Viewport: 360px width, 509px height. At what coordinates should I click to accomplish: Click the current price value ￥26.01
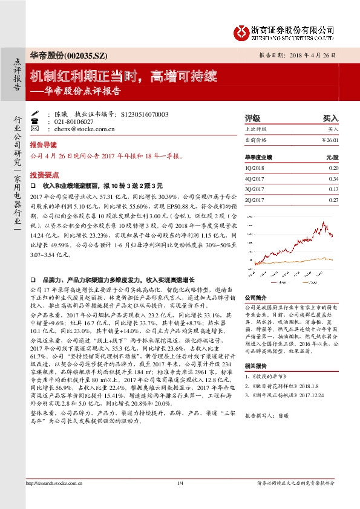pyautogui.click(x=330, y=140)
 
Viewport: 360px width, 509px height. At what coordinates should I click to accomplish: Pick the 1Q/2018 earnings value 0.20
pyautogui.click(x=333, y=167)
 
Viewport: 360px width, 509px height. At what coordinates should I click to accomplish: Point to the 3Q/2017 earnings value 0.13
pyautogui.click(x=333, y=189)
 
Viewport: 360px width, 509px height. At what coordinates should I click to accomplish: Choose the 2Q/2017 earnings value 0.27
pyautogui.click(x=333, y=199)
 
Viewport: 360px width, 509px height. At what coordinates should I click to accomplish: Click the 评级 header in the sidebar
pyautogui.click(x=252, y=118)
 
